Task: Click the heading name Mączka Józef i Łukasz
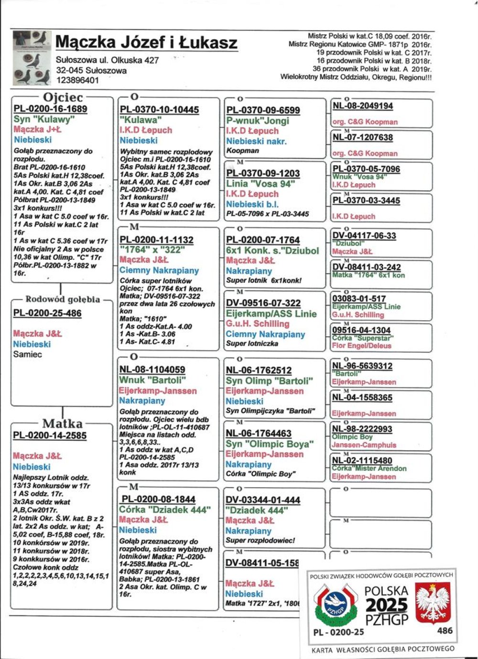click(146, 43)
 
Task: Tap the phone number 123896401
click(77, 80)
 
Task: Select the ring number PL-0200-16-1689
click(50, 109)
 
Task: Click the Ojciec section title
click(63, 97)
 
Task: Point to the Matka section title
click(62, 424)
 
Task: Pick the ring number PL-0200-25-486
click(47, 313)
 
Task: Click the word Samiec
click(27, 355)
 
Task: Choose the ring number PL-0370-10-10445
click(159, 110)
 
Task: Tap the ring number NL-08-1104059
click(152, 369)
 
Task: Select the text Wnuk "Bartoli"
click(152, 380)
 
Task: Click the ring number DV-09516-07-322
click(263, 303)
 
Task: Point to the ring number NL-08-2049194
click(363, 106)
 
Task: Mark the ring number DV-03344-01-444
click(263, 500)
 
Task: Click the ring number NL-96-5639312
click(362, 366)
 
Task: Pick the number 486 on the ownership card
click(445, 631)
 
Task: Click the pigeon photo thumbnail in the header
click(32, 58)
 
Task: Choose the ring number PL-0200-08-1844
click(158, 499)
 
